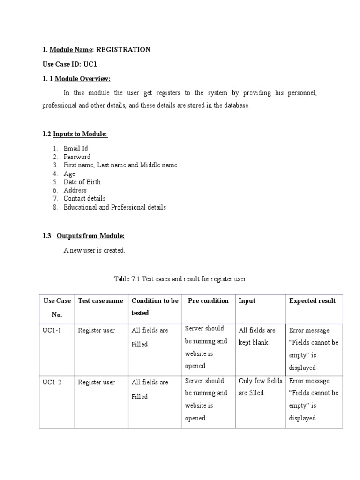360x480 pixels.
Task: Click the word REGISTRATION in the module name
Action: [x=123, y=50]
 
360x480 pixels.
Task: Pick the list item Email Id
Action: [x=76, y=149]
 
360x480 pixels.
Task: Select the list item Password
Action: [x=77, y=157]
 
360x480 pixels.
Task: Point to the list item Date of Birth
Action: [x=82, y=182]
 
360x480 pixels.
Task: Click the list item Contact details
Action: [x=85, y=199]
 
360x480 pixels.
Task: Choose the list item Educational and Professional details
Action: [x=115, y=207]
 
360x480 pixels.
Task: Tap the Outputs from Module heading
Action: [x=90, y=236]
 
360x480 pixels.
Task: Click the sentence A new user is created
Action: [x=94, y=250]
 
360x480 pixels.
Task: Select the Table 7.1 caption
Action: [x=180, y=279]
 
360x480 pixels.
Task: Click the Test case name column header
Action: [x=101, y=301]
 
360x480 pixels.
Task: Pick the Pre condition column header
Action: [x=208, y=301]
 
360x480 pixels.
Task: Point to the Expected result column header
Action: [x=312, y=301]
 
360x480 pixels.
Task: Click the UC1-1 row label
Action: [x=52, y=330]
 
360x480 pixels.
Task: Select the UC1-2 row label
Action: [x=52, y=382]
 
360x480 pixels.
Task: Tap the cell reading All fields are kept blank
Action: [x=257, y=337]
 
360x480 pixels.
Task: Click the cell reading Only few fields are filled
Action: [x=260, y=387]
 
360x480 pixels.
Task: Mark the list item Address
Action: [x=75, y=190]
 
